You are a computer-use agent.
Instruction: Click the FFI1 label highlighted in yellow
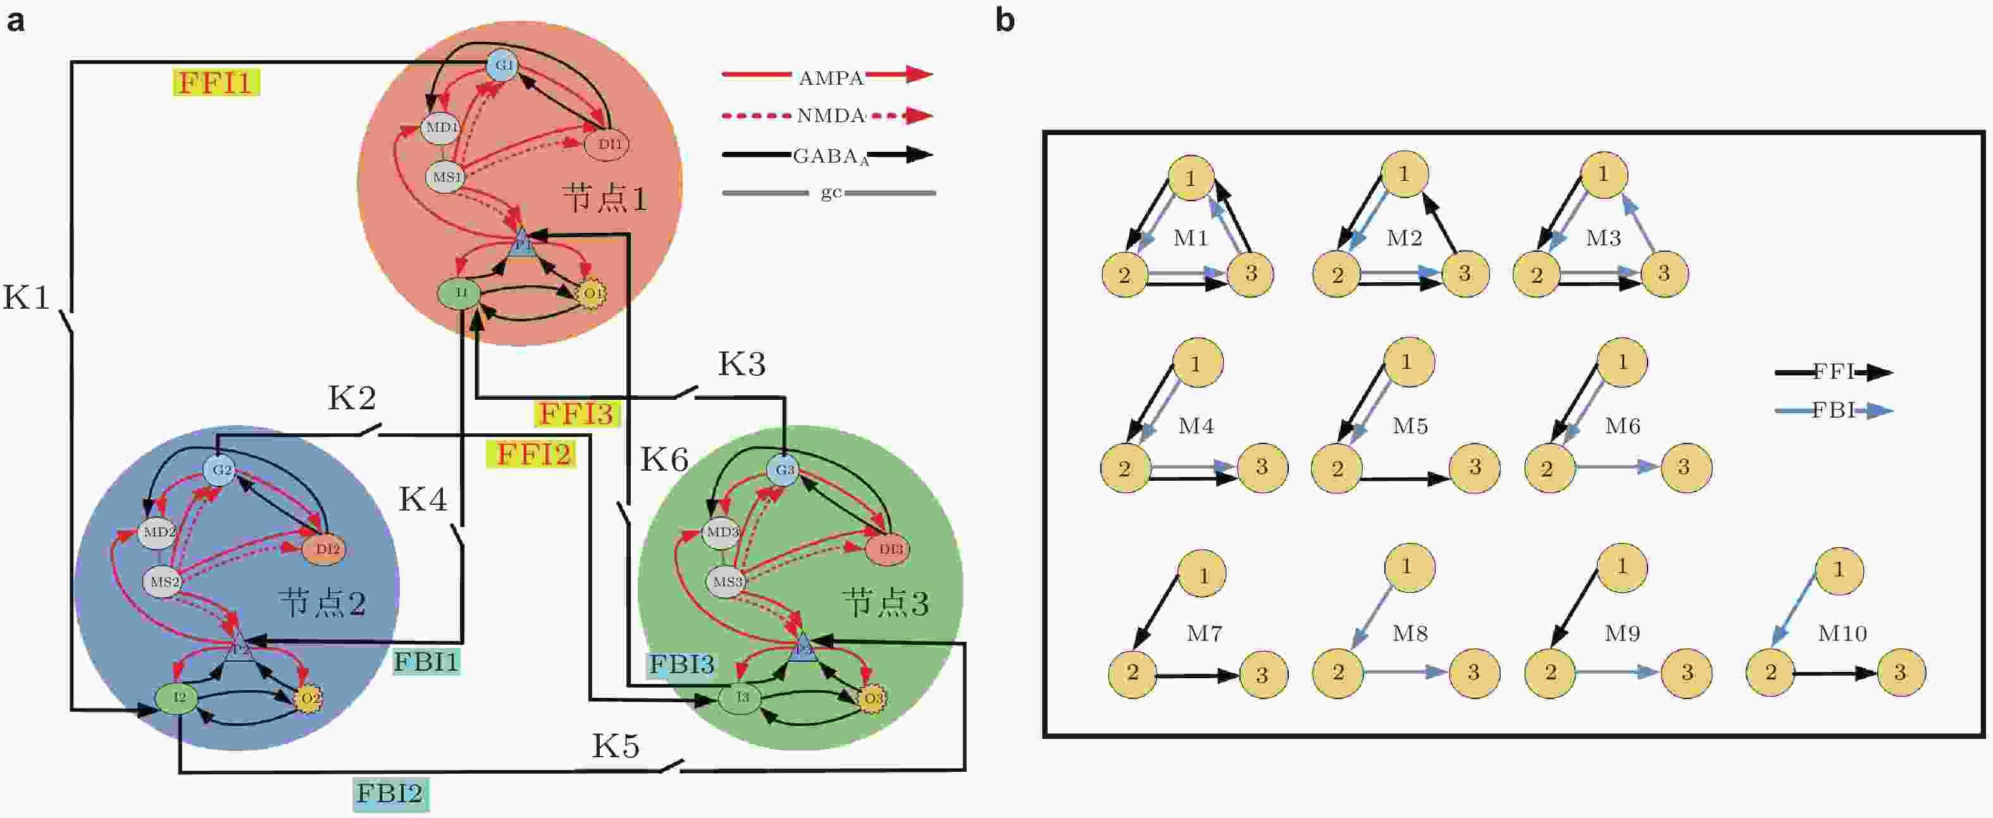[x=216, y=82]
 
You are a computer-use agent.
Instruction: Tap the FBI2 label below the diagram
[x=390, y=793]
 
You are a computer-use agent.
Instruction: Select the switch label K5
[x=616, y=746]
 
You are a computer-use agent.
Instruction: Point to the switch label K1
[x=27, y=298]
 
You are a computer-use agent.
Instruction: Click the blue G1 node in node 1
[x=504, y=65]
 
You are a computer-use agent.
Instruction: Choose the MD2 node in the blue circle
[x=159, y=531]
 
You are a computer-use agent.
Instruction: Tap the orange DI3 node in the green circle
[x=890, y=548]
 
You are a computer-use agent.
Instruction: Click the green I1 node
[x=461, y=292]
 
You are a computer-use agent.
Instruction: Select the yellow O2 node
[x=309, y=698]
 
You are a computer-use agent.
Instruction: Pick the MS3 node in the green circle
[x=726, y=581]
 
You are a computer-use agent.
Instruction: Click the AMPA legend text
[x=831, y=77]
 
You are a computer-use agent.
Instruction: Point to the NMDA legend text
[x=831, y=115]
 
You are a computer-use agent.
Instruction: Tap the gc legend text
[x=831, y=192]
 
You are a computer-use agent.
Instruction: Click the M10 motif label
[x=1842, y=633]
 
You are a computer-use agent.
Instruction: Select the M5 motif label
[x=1410, y=426]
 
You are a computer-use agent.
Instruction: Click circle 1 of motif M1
[x=1191, y=178]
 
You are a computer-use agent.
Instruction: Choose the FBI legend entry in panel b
[x=1834, y=410]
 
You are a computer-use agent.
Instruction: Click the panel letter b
[x=1004, y=20]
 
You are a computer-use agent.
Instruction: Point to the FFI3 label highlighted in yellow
[x=576, y=413]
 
